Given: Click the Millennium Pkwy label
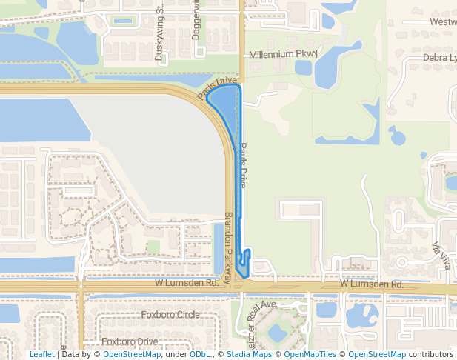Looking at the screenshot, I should [282, 54].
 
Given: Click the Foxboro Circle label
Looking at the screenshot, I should [170, 315].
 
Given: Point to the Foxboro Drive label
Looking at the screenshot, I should [130, 341].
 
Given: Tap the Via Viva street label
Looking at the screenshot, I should [440, 256].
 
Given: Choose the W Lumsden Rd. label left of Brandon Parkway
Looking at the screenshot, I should [186, 283].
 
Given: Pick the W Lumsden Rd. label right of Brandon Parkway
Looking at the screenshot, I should [372, 284].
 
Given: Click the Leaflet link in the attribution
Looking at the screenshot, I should [41, 354].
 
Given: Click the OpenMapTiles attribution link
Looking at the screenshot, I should [311, 354].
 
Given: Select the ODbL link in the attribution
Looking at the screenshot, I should [200, 354].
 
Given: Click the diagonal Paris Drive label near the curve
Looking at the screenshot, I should [217, 88].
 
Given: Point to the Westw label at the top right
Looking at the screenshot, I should [443, 22].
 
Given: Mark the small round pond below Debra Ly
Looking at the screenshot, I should [398, 137].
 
